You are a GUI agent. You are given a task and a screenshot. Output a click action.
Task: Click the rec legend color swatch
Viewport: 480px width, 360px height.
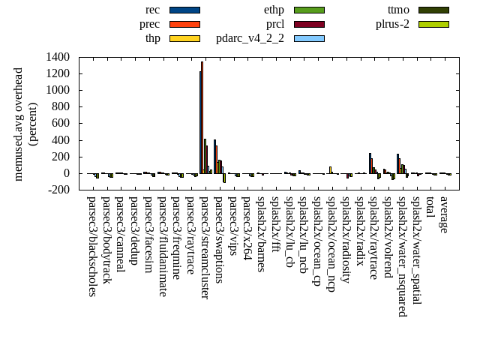tap(184, 10)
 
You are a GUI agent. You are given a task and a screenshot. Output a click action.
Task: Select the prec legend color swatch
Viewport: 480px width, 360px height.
tap(184, 24)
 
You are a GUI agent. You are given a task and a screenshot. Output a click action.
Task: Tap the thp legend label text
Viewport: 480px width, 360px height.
tap(152, 37)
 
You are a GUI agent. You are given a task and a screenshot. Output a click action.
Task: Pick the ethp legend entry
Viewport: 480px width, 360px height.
tap(274, 10)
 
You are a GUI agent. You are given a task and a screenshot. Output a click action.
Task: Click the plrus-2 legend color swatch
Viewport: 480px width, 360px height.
tap(433, 24)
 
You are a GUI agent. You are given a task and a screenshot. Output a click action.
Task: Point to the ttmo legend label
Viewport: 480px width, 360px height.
tap(398, 10)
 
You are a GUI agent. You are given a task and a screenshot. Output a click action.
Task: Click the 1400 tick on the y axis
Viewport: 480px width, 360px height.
tap(58, 57)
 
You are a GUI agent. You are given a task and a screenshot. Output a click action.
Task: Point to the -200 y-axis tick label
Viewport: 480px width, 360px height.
tap(58, 190)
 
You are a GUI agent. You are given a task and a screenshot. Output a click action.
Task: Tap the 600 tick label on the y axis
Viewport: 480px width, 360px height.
tap(61, 123)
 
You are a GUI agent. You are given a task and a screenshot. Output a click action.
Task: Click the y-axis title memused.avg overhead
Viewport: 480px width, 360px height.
tap(19, 124)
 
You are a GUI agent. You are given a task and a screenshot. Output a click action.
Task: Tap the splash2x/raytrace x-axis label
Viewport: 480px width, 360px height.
tap(373, 238)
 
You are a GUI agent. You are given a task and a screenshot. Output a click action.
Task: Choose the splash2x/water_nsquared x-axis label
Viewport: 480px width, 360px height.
tap(402, 256)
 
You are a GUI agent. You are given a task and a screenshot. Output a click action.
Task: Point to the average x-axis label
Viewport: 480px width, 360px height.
tap(444, 215)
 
